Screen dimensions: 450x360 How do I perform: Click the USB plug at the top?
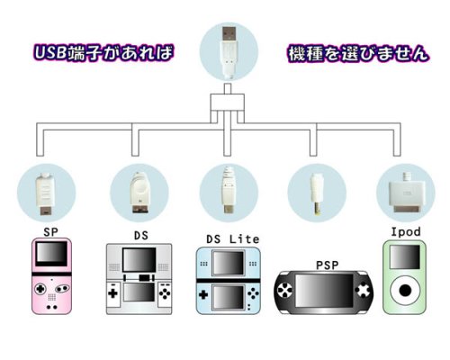point(229,52)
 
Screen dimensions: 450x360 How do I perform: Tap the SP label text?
point(50,232)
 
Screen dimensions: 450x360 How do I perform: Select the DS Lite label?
point(233,239)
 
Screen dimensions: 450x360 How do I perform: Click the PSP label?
point(328,265)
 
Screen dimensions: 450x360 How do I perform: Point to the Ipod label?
point(406,232)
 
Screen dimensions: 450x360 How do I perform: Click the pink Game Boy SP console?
point(51,276)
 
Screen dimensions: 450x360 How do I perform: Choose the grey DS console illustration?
point(139,279)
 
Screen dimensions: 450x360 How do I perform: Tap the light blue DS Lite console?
point(229,281)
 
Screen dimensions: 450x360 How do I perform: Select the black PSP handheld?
point(324,292)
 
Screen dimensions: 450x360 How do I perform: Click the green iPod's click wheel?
point(405,291)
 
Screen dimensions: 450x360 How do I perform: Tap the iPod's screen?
point(405,256)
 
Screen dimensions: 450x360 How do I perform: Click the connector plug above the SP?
point(45,194)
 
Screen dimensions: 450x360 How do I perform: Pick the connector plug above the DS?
point(139,193)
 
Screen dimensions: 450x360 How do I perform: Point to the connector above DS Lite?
point(229,190)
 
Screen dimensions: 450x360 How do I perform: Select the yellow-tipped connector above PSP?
point(317,194)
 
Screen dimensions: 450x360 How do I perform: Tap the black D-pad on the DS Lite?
point(203,294)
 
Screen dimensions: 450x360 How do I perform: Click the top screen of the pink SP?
point(51,254)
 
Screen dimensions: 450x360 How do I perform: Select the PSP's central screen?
point(324,291)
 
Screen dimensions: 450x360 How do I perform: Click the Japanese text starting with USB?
point(104,53)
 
